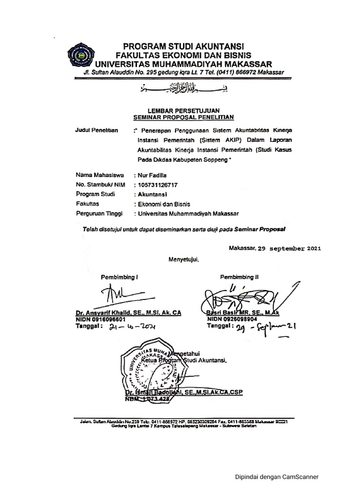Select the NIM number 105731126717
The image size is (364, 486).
pyautogui.click(x=159, y=185)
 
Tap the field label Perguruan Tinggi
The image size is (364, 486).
pyautogui.click(x=99, y=214)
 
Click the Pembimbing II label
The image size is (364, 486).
pyautogui.click(x=239, y=277)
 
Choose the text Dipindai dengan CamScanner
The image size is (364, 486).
pyautogui.click(x=277, y=477)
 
